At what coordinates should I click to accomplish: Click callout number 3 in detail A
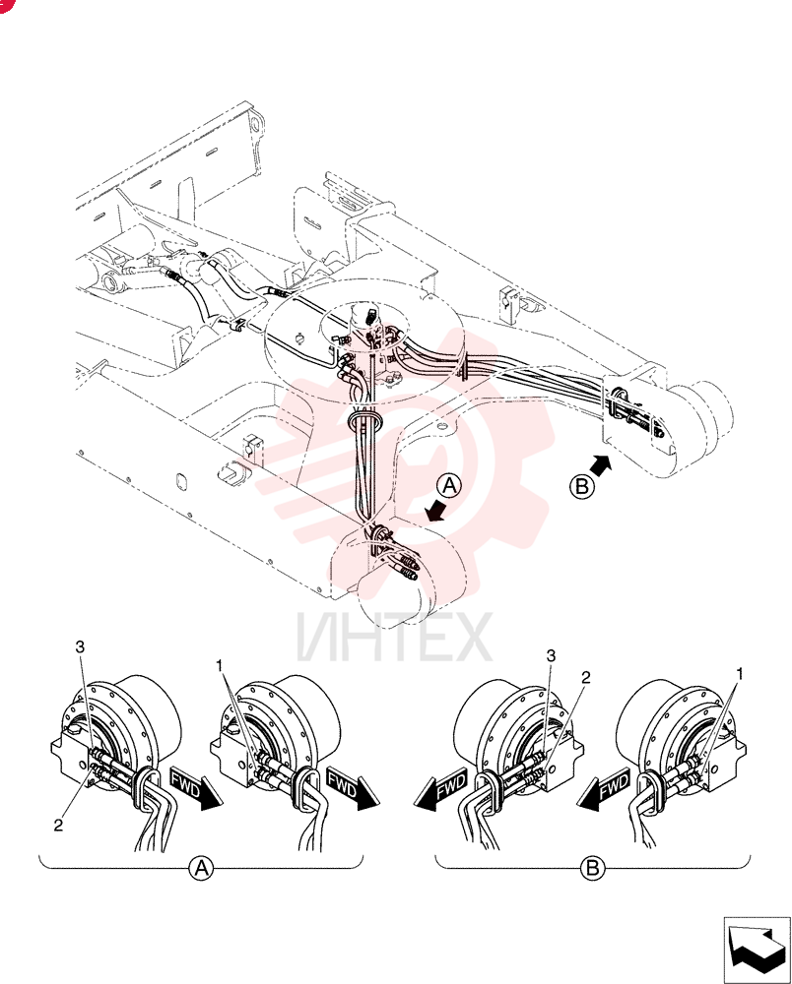(80, 647)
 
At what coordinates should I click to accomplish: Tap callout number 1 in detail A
(220, 665)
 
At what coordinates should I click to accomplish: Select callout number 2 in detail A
(58, 826)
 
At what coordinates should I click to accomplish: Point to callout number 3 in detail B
(551, 655)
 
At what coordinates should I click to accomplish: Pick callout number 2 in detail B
(585, 677)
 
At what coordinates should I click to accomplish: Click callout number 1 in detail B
(739, 673)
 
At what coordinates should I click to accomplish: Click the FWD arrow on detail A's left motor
(195, 788)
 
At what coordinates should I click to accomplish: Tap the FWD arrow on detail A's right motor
(353, 788)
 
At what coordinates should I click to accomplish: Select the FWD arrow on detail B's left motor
(440, 788)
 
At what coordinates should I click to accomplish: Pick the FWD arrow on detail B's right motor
(604, 788)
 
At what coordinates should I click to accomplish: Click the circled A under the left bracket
(202, 868)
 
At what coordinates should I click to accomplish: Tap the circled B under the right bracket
(592, 868)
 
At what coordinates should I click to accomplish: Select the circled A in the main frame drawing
(450, 485)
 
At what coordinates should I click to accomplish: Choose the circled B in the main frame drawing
(581, 487)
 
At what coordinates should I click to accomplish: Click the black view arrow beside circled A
(435, 510)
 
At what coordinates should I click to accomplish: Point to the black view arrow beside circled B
(601, 466)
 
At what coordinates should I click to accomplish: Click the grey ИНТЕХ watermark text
(394, 638)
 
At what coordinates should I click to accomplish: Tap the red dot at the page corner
(4, 4)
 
